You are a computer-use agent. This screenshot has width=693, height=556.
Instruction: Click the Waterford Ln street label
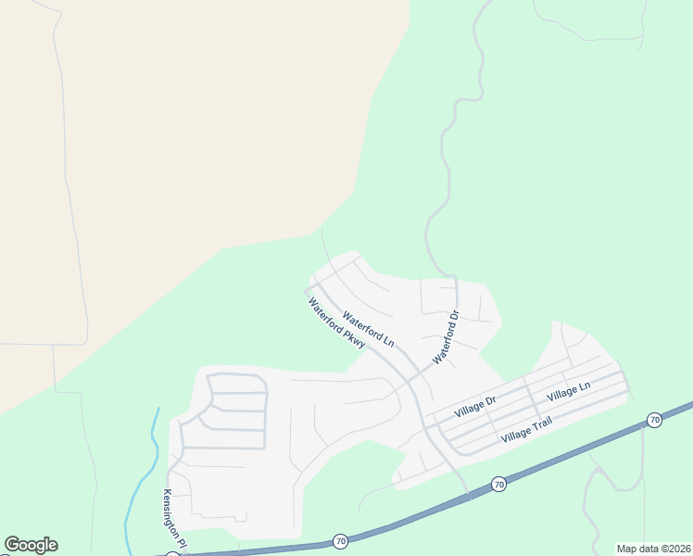368,330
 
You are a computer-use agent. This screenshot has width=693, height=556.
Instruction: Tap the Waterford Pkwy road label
337,323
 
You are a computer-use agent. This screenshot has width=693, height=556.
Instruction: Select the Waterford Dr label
447,337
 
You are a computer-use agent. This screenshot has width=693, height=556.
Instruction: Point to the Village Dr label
475,405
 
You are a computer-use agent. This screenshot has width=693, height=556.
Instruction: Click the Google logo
31,545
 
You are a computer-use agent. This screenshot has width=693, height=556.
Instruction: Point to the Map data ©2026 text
653,549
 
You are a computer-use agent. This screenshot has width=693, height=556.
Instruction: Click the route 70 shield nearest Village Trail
498,485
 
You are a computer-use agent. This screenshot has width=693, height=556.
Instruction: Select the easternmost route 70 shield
654,420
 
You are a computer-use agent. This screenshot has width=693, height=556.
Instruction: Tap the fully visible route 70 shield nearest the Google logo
340,540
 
